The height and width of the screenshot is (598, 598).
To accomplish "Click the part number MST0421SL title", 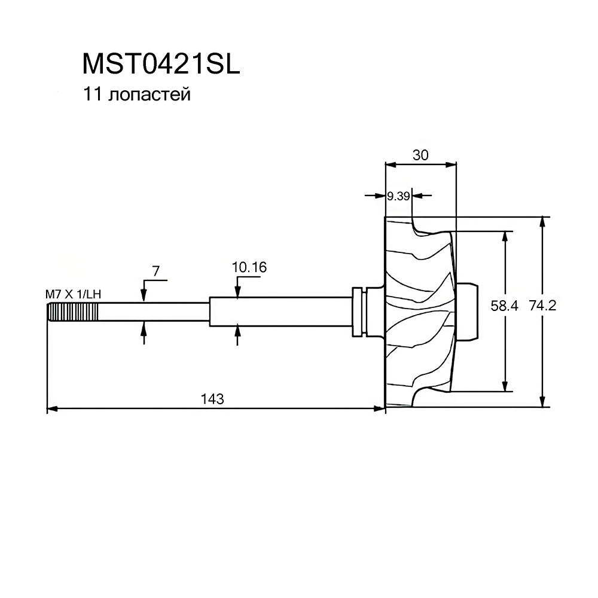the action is click(161, 64).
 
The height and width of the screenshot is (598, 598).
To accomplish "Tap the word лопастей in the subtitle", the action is click(149, 94).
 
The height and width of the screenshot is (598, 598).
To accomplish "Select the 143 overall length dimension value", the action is click(212, 399).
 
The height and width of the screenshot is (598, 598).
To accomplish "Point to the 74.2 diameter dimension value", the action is click(543, 306).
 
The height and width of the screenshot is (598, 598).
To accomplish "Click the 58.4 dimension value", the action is click(504, 306).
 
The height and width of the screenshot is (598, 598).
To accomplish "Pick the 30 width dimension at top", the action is click(420, 155).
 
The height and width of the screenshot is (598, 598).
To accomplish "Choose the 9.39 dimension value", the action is click(398, 196).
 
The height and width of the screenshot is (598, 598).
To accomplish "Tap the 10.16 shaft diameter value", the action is click(249, 267).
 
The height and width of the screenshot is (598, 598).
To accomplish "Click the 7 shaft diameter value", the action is click(155, 271).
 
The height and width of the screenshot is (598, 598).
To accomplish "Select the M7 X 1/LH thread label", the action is click(73, 294).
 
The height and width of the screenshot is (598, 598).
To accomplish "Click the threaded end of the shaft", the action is click(73, 312).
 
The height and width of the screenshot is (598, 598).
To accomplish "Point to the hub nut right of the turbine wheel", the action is click(466, 311).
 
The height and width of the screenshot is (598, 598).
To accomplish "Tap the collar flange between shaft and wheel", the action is click(359, 311).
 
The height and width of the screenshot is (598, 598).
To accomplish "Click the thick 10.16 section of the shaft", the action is click(280, 312).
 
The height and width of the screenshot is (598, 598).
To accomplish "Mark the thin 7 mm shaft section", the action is click(154, 312).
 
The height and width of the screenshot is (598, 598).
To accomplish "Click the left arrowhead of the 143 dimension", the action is click(52, 409).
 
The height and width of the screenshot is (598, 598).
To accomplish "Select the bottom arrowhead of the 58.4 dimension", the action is click(505, 386).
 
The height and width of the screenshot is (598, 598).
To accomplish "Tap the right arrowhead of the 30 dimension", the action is click(451, 165).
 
